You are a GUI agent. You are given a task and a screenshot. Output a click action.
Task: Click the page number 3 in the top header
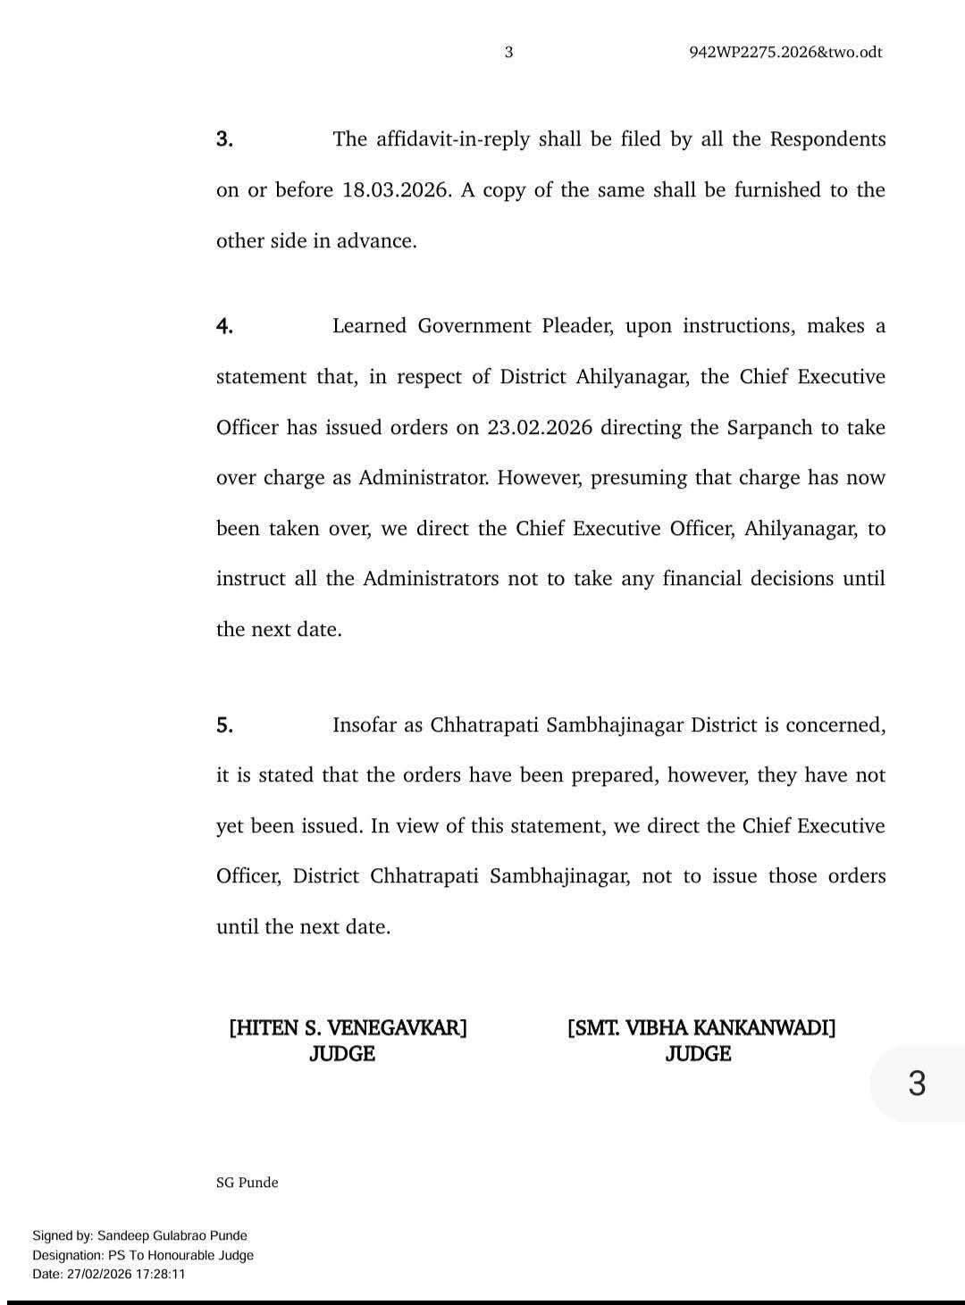point(508,52)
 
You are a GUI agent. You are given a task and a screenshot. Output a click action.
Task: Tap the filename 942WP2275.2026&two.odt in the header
point(785,52)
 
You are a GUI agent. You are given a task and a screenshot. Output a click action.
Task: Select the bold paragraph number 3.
point(225,139)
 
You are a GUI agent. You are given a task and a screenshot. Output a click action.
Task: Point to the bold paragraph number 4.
point(225,326)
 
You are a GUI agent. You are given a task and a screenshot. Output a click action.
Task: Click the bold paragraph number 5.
point(225,725)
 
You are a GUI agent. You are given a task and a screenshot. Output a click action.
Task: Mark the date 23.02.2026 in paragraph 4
point(540,427)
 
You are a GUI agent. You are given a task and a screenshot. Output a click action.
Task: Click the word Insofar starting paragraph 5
point(365,725)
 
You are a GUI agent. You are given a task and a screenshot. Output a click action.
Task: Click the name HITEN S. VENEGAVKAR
point(348,1027)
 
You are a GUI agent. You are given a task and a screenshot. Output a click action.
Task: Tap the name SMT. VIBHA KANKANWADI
point(701,1027)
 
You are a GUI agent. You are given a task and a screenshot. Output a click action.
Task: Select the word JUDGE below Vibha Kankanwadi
point(698,1054)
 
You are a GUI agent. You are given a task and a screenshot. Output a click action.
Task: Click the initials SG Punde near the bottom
point(248,1183)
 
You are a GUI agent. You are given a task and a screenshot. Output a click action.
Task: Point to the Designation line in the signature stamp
point(143,1255)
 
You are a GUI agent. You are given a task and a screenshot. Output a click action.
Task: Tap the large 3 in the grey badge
point(917,1084)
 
